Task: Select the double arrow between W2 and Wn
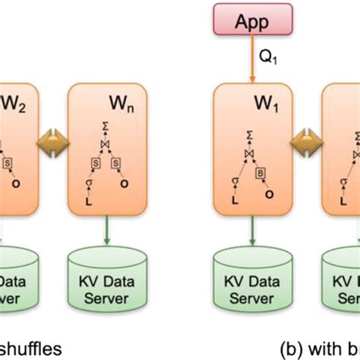[x=52, y=141]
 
